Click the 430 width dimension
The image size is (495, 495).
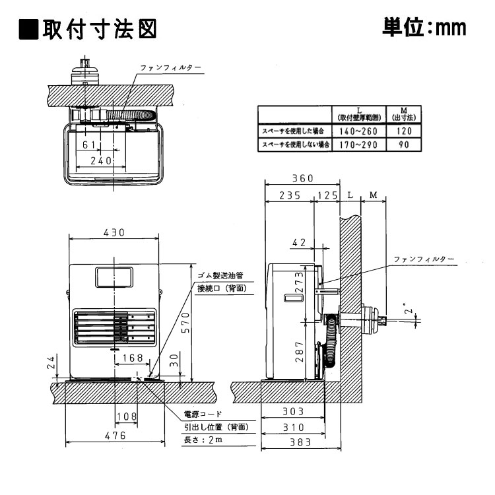(x=114, y=233)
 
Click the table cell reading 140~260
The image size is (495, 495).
(x=357, y=131)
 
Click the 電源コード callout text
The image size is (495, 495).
(x=204, y=414)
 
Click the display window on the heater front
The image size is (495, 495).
(x=114, y=277)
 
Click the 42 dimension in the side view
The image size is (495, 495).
(x=299, y=243)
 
